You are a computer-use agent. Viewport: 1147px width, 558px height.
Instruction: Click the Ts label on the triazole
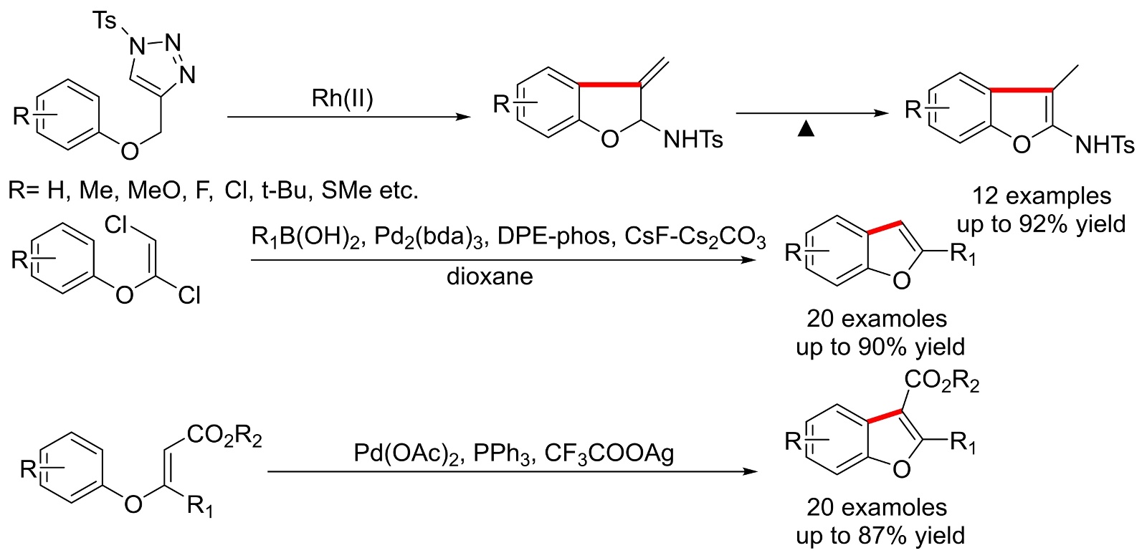[104, 21]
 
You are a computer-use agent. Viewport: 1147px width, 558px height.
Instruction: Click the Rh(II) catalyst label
[342, 98]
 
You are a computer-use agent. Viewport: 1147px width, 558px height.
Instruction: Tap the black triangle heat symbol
[806, 129]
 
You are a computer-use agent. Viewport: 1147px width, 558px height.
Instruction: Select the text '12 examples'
[1042, 196]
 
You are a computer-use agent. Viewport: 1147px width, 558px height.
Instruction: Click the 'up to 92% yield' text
[1041, 224]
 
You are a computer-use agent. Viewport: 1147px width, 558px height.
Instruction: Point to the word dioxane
[490, 276]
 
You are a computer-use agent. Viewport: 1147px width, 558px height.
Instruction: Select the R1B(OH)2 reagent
[306, 237]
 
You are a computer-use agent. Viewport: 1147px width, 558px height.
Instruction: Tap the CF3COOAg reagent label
[609, 453]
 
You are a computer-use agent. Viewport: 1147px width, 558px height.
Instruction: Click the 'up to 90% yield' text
[880, 347]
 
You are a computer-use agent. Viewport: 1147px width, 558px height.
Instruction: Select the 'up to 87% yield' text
[880, 536]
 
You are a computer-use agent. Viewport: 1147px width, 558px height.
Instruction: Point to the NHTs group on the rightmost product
[1105, 145]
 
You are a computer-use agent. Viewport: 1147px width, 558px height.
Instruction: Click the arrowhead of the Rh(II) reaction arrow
[464, 117]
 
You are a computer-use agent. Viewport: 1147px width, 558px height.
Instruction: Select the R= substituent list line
[213, 191]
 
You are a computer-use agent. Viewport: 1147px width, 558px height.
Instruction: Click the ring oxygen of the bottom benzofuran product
[902, 469]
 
